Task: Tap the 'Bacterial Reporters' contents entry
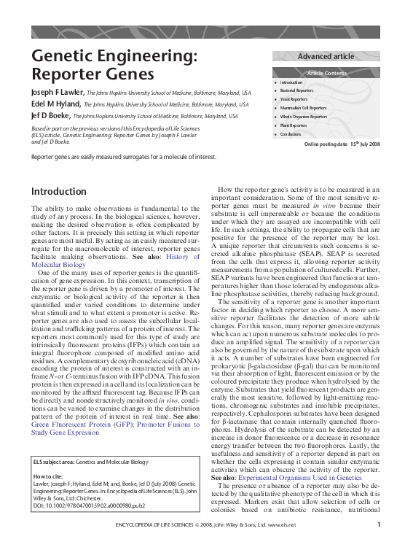coord(298,91)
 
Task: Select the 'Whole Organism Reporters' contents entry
coord(304,117)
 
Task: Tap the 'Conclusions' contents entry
coord(291,134)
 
